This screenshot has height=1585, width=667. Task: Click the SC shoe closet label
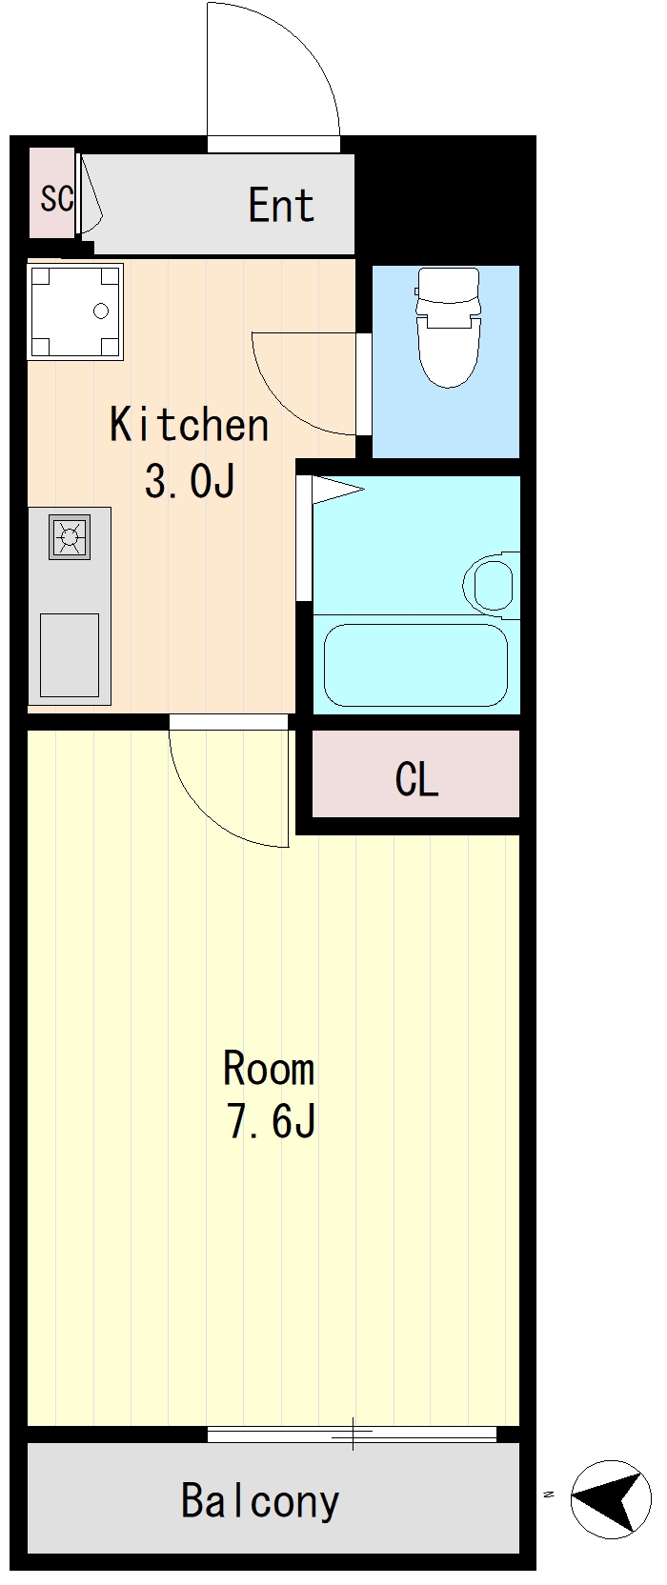tap(57, 198)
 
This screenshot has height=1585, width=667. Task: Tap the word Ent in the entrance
tap(281, 205)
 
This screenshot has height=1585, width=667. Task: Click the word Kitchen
tap(189, 425)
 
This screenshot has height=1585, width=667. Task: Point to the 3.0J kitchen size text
tap(189, 481)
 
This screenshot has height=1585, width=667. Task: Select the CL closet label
tap(416, 780)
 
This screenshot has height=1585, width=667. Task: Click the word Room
tap(269, 1069)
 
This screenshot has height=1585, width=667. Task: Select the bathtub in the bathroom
tap(416, 665)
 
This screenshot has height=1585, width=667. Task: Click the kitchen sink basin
tap(70, 654)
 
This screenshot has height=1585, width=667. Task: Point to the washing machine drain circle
tap(101, 311)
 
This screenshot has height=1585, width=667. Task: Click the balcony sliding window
tap(352, 1434)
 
